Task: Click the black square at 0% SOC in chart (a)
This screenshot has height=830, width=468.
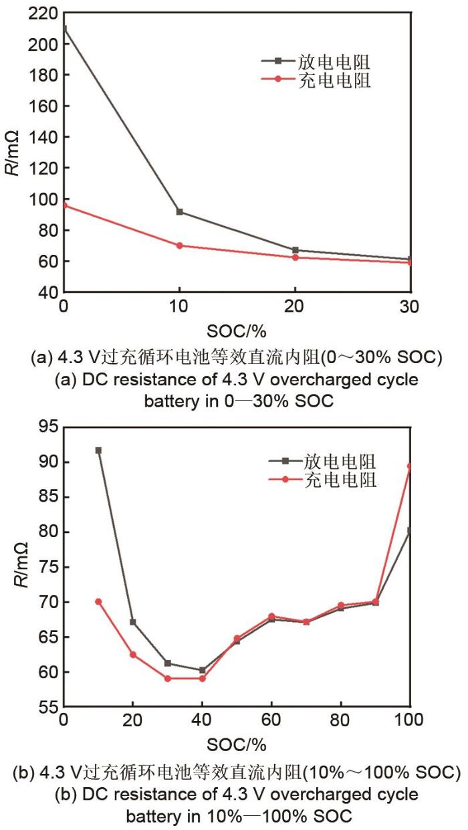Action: click(64, 29)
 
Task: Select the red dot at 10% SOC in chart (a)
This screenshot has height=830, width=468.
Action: click(179, 245)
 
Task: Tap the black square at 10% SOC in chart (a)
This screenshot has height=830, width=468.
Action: click(179, 212)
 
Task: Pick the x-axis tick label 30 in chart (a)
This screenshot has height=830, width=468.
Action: click(409, 307)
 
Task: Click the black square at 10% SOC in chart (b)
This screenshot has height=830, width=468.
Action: click(98, 451)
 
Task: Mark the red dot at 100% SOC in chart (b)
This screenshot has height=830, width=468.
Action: click(409, 466)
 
